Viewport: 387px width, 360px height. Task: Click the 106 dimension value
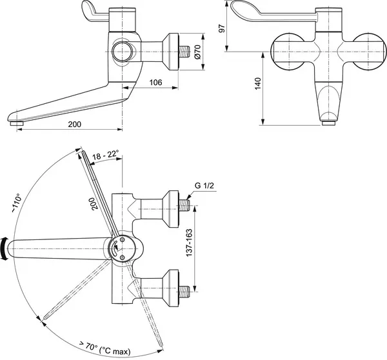pyautogui.click(x=155, y=82)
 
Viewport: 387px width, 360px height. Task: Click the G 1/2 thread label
pyautogui.click(x=204, y=187)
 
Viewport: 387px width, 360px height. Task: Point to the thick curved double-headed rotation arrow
pyautogui.click(x=5, y=248)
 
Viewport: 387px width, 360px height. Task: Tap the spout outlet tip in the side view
pyautogui.click(x=17, y=120)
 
